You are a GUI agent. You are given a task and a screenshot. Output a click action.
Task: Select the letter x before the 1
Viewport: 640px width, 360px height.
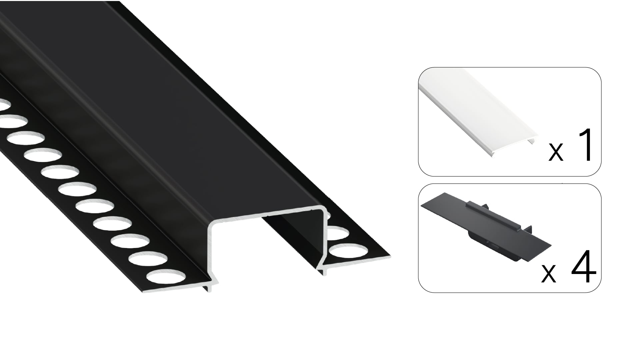click(556, 152)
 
